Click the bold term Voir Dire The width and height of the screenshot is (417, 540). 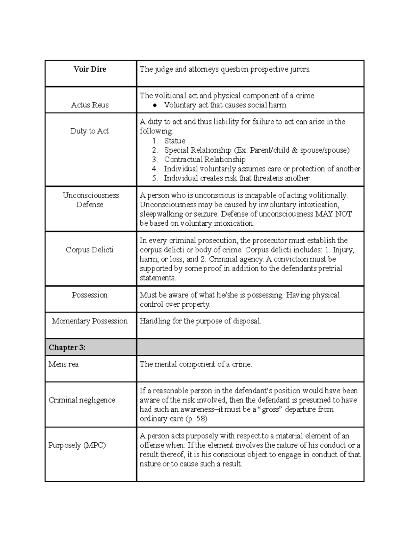(90, 69)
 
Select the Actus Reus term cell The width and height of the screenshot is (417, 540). (90, 105)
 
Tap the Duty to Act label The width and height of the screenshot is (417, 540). (90, 131)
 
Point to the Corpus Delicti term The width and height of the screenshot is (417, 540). (90, 250)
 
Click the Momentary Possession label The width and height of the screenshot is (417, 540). (90, 321)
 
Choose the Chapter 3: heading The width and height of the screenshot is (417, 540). (67, 347)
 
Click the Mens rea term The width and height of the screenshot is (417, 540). (64, 364)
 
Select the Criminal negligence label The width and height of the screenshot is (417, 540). (82, 400)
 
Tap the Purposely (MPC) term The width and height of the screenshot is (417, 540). (77, 445)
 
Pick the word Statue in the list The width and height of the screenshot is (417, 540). (174, 141)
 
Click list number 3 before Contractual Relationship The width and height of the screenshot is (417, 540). (155, 160)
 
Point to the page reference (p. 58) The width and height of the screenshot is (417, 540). (196, 419)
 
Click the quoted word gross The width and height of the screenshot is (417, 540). (271, 410)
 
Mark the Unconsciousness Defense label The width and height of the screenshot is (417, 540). (90, 200)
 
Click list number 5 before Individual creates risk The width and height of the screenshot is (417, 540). (155, 178)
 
